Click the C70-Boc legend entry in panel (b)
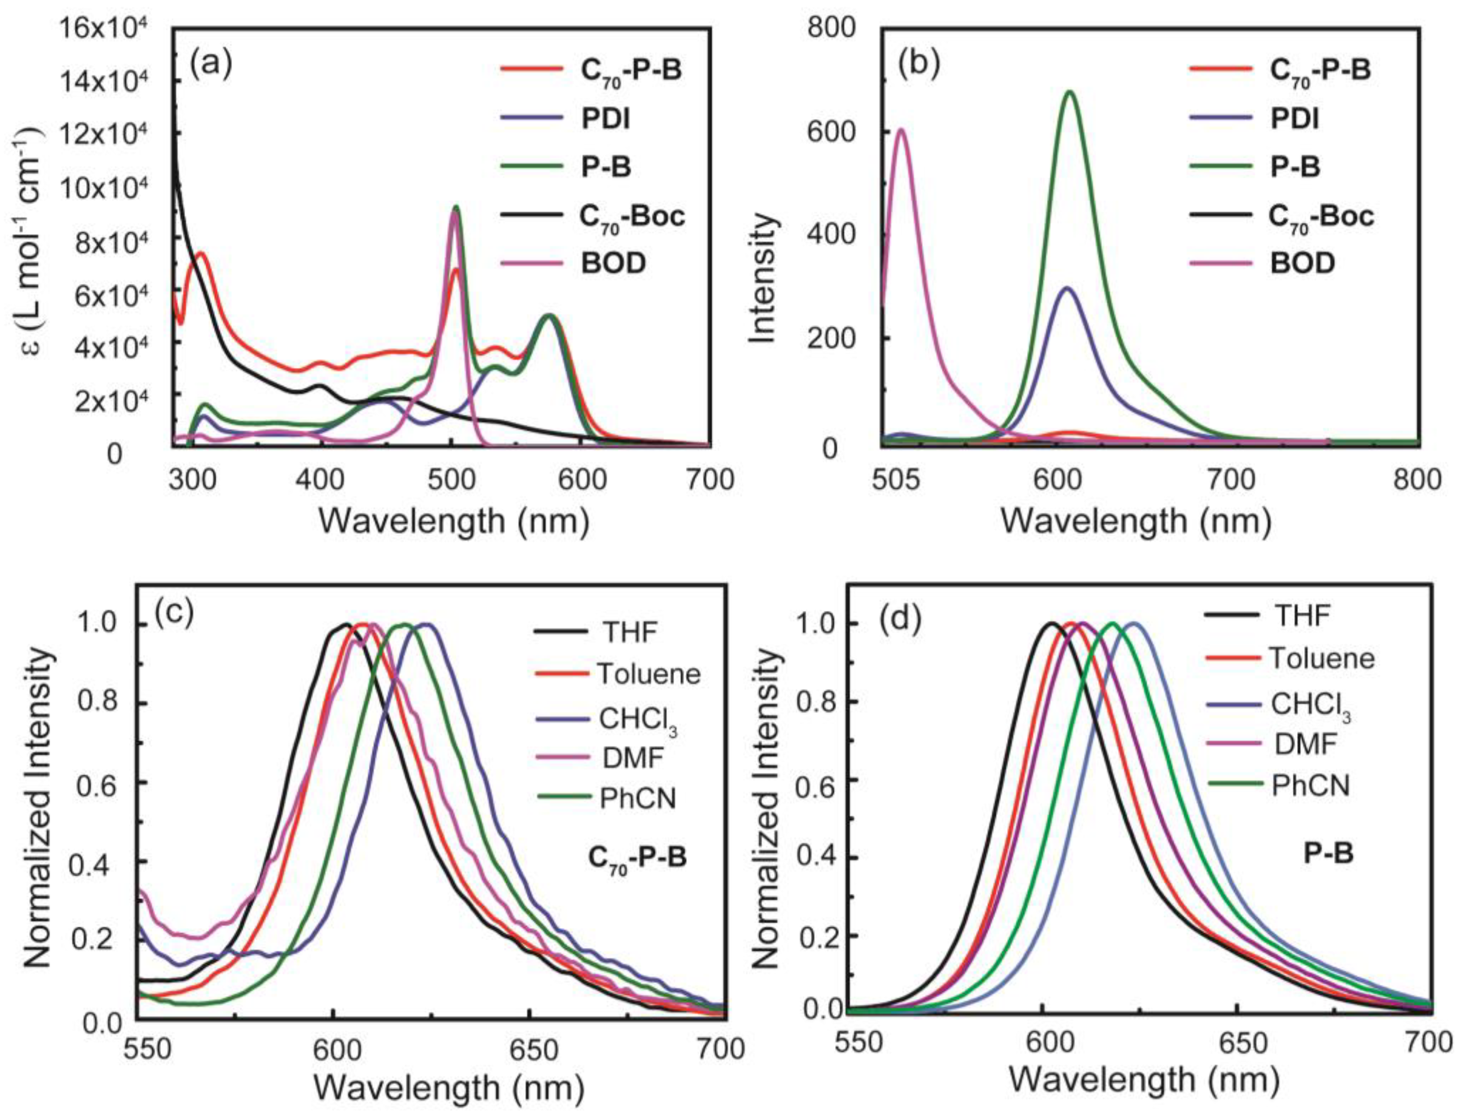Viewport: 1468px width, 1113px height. (x=1321, y=216)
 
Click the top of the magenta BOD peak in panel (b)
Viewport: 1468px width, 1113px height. (x=900, y=130)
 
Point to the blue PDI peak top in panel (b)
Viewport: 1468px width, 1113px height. (x=1067, y=288)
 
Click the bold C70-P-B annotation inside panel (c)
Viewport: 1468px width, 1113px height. (x=637, y=857)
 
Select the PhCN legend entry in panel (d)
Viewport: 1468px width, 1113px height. (x=1311, y=786)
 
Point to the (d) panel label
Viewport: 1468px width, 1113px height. (x=901, y=621)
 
